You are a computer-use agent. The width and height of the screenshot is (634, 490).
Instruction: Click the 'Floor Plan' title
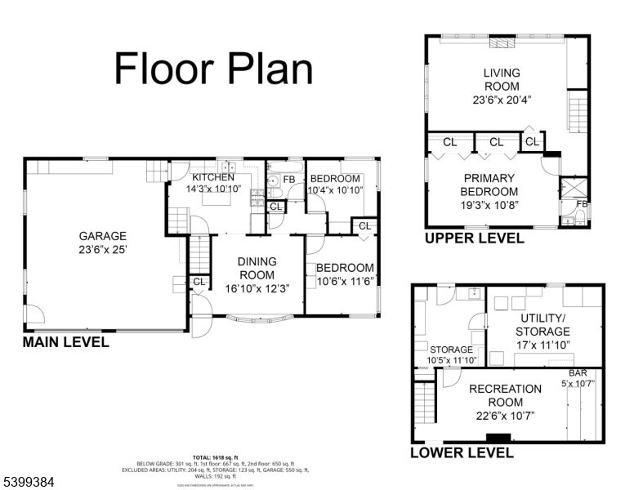213,69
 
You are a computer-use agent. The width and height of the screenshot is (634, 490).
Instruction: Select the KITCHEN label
213,177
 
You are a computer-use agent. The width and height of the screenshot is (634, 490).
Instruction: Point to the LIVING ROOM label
502,79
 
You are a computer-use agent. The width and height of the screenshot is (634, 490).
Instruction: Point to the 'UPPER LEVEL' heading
474,238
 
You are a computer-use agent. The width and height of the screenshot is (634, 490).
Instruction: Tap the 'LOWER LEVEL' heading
462,452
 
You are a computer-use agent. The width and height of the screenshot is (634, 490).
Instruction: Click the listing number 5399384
29,483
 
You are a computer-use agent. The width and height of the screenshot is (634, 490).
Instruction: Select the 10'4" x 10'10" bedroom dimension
335,191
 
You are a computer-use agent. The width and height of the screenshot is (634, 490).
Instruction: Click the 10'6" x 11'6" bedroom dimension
345,281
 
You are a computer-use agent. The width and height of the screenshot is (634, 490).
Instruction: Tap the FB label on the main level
289,179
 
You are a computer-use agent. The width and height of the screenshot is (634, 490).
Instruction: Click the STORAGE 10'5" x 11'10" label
452,354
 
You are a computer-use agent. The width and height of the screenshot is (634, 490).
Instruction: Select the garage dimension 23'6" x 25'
103,248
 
